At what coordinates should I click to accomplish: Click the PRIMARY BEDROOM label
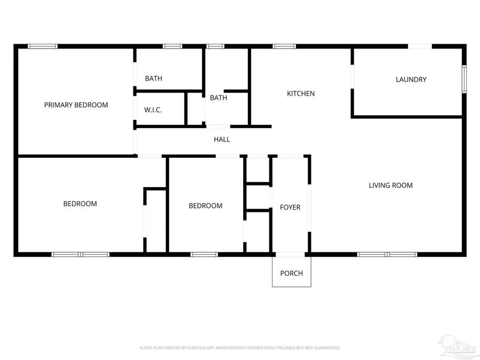click(x=76, y=105)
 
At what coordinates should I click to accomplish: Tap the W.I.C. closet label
click(x=153, y=110)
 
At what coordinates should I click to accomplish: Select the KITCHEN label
click(x=301, y=94)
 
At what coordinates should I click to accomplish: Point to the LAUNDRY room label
click(x=411, y=80)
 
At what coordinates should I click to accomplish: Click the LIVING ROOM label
click(x=390, y=186)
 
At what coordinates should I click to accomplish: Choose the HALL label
click(x=222, y=140)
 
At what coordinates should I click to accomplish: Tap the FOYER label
click(x=290, y=207)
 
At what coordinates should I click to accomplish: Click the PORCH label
click(x=291, y=274)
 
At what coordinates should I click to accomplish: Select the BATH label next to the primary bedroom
click(x=154, y=79)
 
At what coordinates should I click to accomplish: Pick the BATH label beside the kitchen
click(x=218, y=98)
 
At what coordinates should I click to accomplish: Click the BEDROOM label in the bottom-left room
click(x=80, y=204)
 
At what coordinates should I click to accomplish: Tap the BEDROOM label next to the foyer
click(x=205, y=206)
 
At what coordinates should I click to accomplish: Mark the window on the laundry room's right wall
click(x=463, y=79)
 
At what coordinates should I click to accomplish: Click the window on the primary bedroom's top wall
click(x=43, y=46)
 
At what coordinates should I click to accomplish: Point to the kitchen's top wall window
click(x=284, y=46)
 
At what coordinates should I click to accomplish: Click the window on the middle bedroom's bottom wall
click(x=204, y=254)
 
